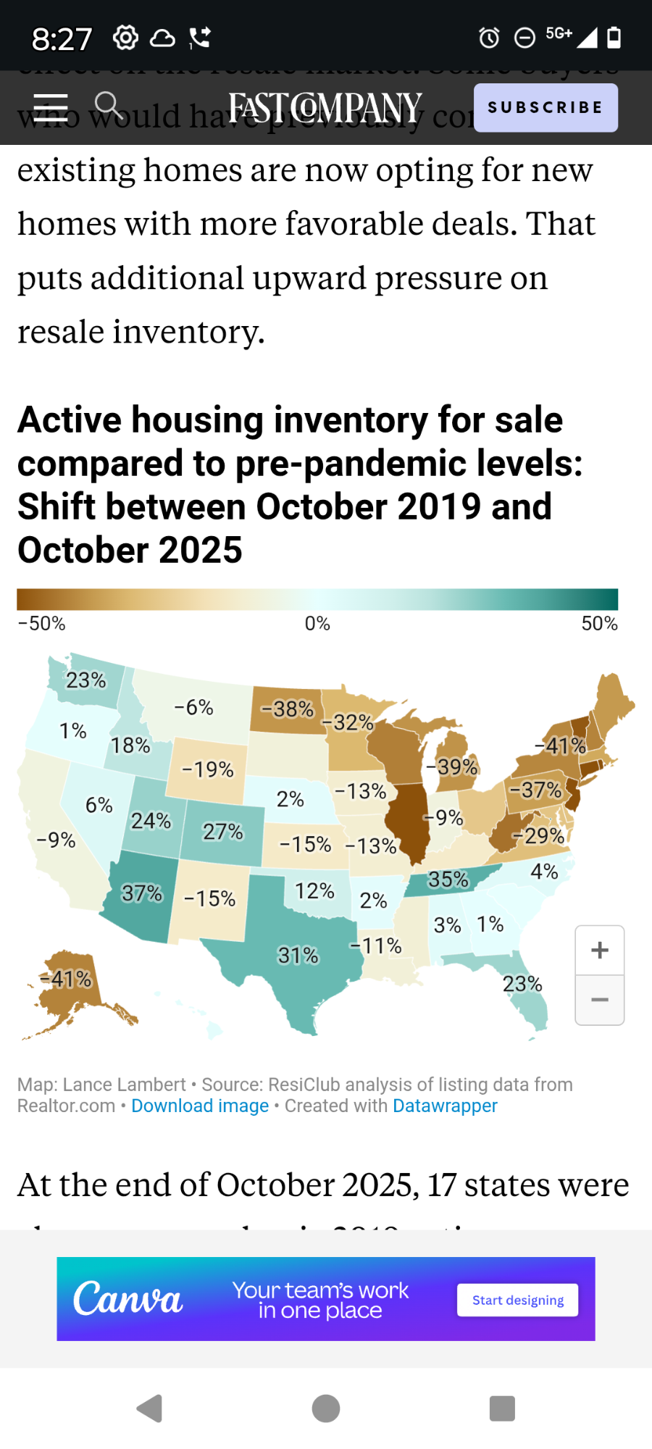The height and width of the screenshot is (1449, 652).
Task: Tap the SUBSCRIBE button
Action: (x=546, y=108)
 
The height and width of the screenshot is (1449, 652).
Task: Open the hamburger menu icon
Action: (x=51, y=107)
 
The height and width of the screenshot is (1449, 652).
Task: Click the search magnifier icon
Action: (x=108, y=105)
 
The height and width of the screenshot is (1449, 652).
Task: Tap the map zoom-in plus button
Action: (x=599, y=951)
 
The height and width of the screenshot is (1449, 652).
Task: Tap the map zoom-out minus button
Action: (x=599, y=1000)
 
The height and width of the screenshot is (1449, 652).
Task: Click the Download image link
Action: (x=200, y=1106)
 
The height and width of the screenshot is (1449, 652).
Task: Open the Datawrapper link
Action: (x=445, y=1106)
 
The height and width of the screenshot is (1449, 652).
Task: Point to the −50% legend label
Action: (x=42, y=624)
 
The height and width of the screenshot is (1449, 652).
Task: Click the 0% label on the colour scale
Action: (x=317, y=624)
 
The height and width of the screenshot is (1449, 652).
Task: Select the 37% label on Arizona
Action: (x=142, y=893)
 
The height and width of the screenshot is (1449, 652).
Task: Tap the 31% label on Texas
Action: (x=298, y=956)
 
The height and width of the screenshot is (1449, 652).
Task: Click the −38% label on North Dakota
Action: (x=288, y=709)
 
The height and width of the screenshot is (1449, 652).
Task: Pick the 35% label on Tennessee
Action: (x=448, y=880)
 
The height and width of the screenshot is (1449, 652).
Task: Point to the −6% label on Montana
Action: (x=194, y=707)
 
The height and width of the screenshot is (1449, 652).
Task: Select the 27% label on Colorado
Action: (x=222, y=831)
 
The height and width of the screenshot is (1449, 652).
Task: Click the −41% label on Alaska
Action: (x=66, y=980)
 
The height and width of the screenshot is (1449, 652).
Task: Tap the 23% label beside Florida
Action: (x=522, y=984)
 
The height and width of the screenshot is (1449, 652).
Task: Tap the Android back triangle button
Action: (x=150, y=1408)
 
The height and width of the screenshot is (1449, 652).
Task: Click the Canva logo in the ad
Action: (x=128, y=1299)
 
